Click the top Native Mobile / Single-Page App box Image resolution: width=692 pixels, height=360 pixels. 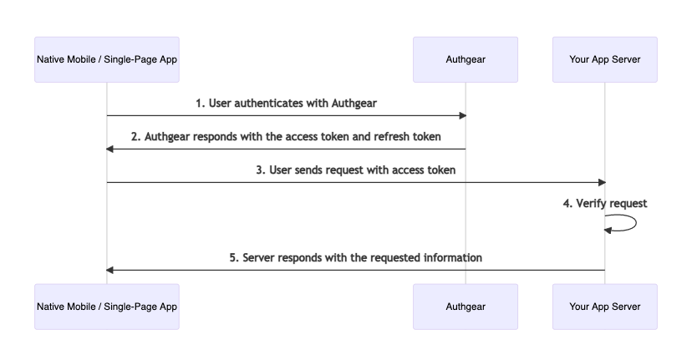pos(107,59)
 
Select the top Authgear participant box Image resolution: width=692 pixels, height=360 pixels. pos(466,59)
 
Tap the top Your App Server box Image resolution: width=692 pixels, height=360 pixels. pos(604,59)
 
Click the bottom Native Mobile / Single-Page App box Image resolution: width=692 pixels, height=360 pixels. pos(107,307)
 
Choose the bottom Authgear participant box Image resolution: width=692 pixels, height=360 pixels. pos(466,307)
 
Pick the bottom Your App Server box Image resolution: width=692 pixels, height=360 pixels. pos(604,307)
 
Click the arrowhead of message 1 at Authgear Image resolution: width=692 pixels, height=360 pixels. pos(462,115)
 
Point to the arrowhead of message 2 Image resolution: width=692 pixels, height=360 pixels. pos(109,150)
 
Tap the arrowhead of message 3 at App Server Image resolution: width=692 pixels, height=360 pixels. pos(602,182)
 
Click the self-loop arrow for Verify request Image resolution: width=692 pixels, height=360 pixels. pos(636,223)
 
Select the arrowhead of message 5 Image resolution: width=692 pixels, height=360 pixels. pos(109,270)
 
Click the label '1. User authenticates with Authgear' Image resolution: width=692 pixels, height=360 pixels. pos(286,104)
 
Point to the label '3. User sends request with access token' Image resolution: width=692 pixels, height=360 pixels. pos(356,170)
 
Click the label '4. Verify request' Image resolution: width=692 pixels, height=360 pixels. pos(605,203)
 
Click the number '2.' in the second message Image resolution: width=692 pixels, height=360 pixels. pos(136,137)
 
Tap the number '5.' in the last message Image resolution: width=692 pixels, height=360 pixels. pos(234,257)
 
